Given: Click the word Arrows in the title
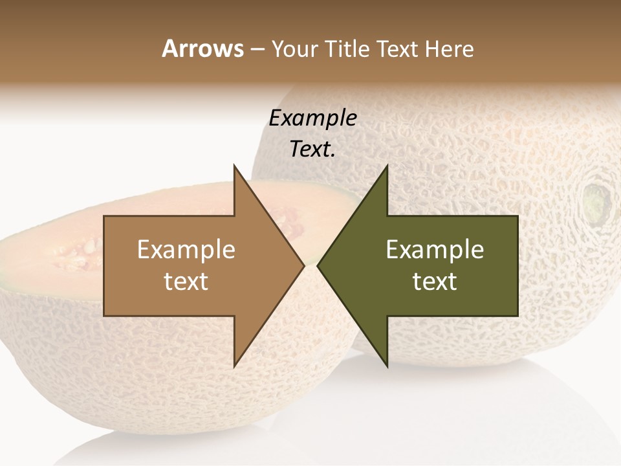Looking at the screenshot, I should (202, 49).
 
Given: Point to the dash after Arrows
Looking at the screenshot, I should (257, 50).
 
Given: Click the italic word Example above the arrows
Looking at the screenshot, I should (312, 118).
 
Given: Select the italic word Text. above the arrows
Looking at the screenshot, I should (312, 150).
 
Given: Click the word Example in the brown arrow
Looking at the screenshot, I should (186, 249).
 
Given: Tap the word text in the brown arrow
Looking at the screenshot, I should (186, 282).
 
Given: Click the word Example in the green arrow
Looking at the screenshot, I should (435, 249).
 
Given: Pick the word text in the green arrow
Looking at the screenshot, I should (435, 282).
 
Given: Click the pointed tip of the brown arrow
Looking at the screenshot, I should (303, 266).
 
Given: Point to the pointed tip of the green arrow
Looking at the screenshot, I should (318, 266).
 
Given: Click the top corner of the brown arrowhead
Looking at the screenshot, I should (234, 166).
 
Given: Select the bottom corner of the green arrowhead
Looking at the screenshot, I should (387, 366).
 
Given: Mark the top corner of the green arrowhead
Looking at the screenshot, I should (387, 166).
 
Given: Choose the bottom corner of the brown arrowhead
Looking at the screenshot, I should (234, 366).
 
